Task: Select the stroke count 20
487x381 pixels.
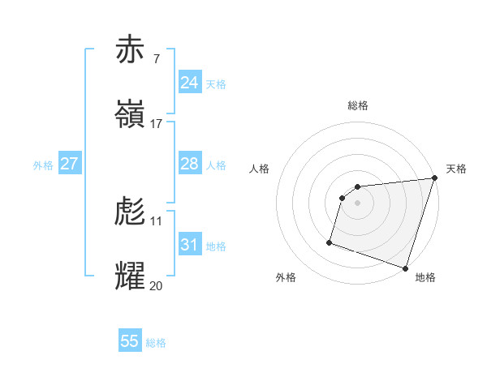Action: tap(156, 285)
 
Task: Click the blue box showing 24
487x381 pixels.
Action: tap(190, 82)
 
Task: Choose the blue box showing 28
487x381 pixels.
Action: tap(190, 164)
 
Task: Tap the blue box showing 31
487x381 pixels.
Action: tap(190, 244)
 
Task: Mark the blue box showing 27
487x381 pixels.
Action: tap(70, 164)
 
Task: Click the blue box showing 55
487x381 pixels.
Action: tap(130, 341)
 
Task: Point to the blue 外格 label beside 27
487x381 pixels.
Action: tap(43, 165)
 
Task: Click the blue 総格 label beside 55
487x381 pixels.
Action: tap(156, 343)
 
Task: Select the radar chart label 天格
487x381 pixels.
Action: tap(456, 169)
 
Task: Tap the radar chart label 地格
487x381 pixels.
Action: tap(425, 277)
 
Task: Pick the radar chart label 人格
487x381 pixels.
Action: tap(259, 169)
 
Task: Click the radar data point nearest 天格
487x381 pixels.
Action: tap(434, 178)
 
